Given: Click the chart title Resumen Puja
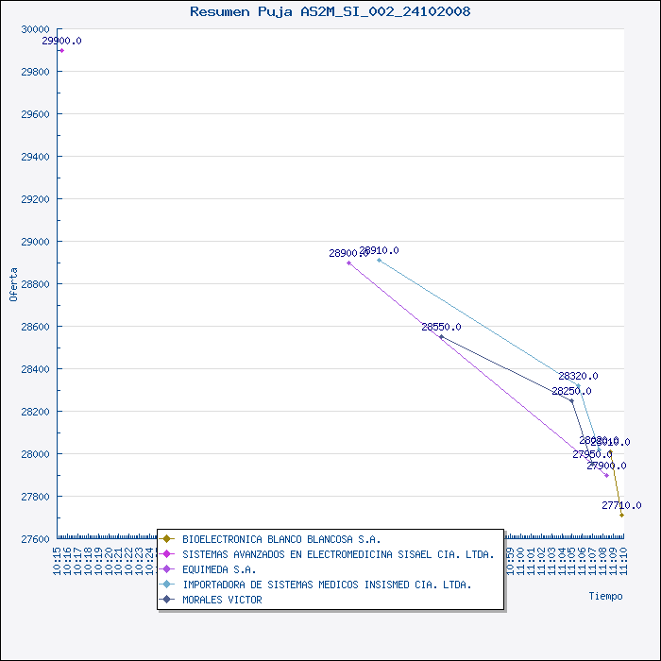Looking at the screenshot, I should pos(330,11).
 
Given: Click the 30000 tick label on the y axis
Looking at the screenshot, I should pos(35,29).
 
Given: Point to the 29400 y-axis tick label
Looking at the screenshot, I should pos(35,157).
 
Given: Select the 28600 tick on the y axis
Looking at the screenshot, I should pos(35,327).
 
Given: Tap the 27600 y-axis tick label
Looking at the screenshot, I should pos(35,539).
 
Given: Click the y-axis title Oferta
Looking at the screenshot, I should pos(13,284).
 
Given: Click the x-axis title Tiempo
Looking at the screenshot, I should pos(605,596).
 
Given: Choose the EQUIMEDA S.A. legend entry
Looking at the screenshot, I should pos(219,569).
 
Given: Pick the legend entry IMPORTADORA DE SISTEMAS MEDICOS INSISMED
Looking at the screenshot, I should pos(327,585).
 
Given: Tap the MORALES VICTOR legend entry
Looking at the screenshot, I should pos(222,600).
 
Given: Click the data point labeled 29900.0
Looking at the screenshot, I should pos(61,50).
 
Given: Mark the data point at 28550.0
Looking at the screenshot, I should pos(441,336).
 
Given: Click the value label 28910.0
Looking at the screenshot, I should pos(379,250).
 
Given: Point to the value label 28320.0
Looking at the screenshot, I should pos(577,376).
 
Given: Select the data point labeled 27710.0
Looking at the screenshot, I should pos(621,515).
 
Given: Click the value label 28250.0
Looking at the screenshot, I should pos(571,391).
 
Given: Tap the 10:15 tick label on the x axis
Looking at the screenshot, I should pos(58,562).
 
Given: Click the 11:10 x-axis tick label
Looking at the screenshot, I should pos(622,562).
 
